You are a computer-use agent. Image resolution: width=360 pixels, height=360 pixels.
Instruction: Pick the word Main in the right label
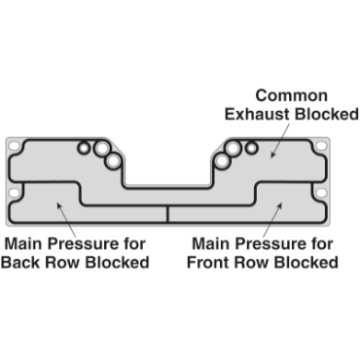(212, 243)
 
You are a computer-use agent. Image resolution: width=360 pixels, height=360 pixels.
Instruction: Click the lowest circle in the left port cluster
(115, 160)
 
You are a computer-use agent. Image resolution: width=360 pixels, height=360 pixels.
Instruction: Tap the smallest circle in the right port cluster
(251, 148)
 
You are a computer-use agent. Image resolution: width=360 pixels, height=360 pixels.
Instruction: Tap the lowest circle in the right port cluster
(223, 160)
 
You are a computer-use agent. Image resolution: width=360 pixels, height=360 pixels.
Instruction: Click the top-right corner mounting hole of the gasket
(322, 146)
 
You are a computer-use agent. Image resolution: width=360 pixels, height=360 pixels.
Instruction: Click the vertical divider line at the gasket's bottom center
(168, 215)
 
